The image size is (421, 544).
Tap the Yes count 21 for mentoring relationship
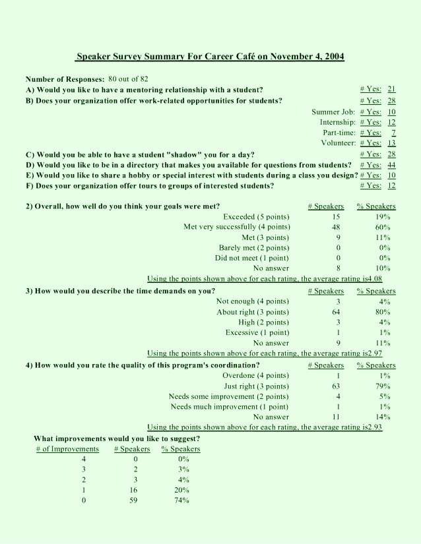391,89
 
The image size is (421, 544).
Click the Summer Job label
334,112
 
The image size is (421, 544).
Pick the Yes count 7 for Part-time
393,133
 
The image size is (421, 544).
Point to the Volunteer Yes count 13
391,143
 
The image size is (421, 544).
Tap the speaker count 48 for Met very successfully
337,227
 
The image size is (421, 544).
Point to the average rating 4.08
374,279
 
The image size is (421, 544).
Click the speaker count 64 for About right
337,312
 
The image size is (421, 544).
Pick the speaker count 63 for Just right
337,386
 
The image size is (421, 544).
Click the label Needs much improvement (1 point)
230,406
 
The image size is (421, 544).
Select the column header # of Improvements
67,449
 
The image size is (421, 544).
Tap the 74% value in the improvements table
180,500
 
